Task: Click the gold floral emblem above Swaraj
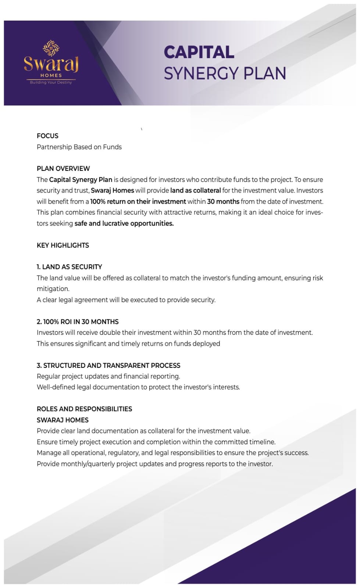51,48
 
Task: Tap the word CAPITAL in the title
199,52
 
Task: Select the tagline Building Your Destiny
51,82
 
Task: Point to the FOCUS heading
47,136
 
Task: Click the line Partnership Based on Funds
79,147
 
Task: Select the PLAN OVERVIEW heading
63,169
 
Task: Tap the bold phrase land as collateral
195,190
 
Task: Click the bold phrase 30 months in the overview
223,201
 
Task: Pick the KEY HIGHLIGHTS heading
63,245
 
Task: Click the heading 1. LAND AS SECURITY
69,267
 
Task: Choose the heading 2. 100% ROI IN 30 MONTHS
78,322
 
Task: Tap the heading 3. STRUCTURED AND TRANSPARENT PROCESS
108,365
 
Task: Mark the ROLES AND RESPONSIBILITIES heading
84,409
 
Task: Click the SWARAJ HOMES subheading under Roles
63,420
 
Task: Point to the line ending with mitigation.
53,289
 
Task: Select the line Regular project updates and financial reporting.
108,376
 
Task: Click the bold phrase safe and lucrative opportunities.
124,223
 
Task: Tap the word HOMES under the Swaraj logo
51,75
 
